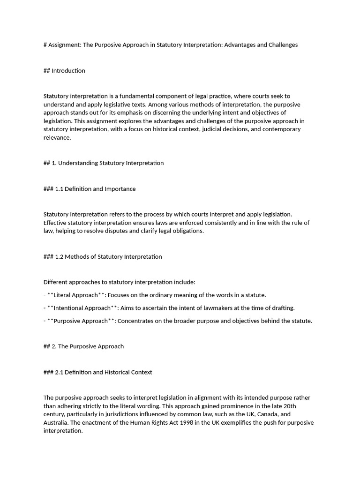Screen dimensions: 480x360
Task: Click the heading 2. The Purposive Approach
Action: [x=83, y=346]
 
